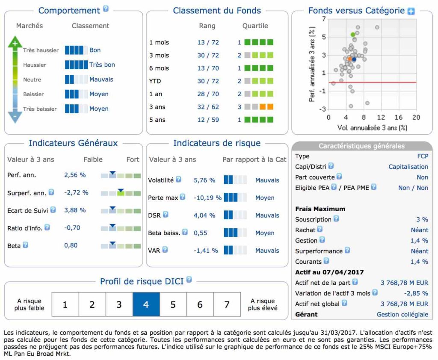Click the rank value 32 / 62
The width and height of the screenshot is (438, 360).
[207, 107]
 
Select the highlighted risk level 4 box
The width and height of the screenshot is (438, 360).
[146, 304]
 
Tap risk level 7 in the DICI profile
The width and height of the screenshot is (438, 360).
[227, 304]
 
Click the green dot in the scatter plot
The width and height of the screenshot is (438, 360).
[353, 35]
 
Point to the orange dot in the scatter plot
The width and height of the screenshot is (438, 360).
[349, 59]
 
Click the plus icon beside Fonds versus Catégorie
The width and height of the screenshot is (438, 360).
[411, 12]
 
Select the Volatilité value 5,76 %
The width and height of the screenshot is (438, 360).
[204, 180]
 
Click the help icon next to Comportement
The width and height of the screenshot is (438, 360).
[106, 9]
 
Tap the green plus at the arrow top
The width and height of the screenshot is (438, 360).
[15, 43]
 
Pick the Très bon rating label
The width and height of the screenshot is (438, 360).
[102, 65]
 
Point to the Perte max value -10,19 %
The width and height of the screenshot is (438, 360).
[207, 198]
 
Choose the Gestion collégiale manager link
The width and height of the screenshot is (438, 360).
[402, 314]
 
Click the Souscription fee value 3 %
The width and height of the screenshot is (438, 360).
[422, 219]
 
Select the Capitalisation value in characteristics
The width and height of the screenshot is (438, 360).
[408, 167]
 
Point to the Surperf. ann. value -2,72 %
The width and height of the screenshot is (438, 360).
[76, 193]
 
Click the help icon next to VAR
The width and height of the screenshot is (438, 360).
[165, 250]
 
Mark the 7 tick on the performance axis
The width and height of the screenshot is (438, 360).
[324, 19]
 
